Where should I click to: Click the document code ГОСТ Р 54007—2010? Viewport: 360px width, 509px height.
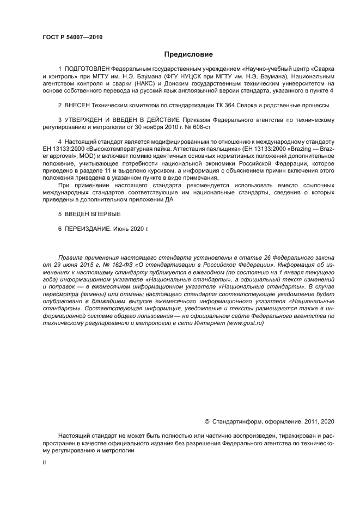click(x=72, y=38)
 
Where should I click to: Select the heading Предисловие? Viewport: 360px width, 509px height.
click(x=188, y=54)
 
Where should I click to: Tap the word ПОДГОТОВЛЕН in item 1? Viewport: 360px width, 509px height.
click(x=87, y=70)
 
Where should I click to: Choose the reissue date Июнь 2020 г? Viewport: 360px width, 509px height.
click(x=131, y=229)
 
